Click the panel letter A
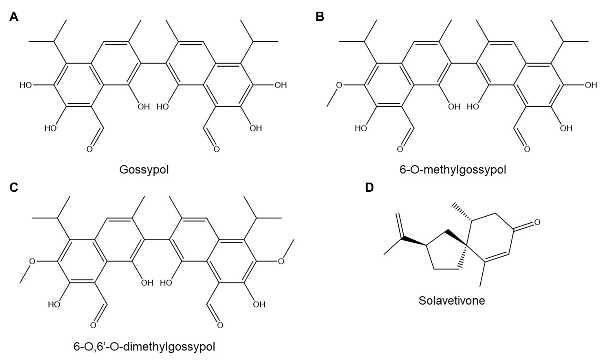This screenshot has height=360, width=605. tap(14, 17)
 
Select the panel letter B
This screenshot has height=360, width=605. tap(320, 17)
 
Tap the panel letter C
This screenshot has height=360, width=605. tap(14, 188)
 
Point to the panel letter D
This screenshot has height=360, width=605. tap(370, 188)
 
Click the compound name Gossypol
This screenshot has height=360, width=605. tap(144, 170)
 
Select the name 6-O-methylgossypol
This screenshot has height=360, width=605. tap(453, 170)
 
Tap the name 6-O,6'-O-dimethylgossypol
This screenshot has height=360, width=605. tap(144, 346)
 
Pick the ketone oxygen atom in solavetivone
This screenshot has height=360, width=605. tap(536, 222)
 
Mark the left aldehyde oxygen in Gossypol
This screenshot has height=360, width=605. tap(89, 149)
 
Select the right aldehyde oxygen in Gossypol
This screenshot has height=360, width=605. tap(216, 149)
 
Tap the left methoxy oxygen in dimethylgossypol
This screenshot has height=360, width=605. tap(33, 261)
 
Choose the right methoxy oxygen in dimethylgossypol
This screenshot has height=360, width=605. tap(282, 261)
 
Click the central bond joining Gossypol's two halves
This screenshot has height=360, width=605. tap(153, 63)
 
